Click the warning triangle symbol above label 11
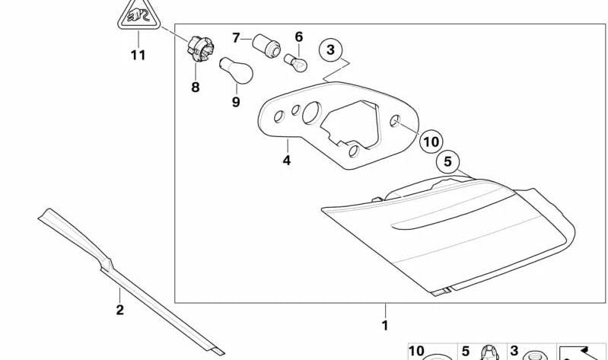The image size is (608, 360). tap(138, 14)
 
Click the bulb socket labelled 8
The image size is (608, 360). tap(200, 49)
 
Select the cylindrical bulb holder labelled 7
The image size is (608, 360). tap(266, 46)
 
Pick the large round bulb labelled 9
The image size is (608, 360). tap(236, 71)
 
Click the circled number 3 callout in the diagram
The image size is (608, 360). tap(330, 50)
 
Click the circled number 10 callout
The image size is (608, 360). tap(431, 142)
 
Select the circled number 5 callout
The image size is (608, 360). tap(448, 161)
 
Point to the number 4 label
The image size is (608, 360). tap(287, 160)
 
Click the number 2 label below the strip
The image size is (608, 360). tap(119, 310)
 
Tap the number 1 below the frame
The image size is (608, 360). tap(384, 325)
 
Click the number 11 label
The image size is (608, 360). tap(138, 55)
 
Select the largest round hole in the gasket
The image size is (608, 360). tap(312, 113)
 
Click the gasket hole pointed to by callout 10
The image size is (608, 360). tap(395, 121)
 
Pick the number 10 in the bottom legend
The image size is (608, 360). tap(416, 351)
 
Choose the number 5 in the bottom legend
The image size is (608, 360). tap(466, 351)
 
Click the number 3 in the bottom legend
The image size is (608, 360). tap(514, 351)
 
